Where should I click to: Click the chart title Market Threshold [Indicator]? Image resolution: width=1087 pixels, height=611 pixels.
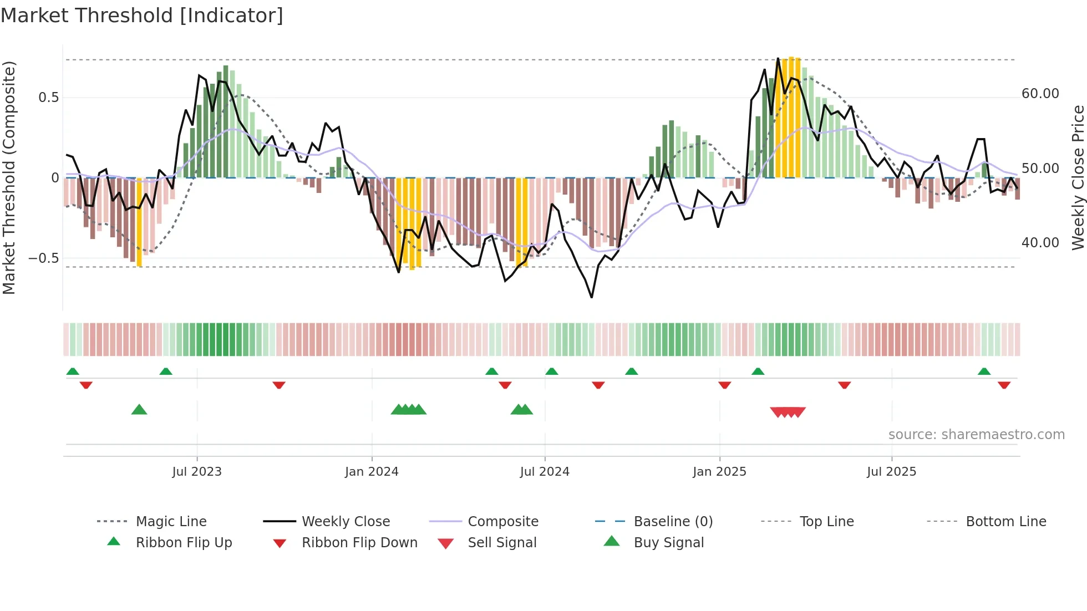[x=142, y=16]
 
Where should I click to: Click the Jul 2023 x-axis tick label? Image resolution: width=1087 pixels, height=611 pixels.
[x=196, y=471]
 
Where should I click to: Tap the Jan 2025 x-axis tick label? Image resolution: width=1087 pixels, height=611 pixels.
[x=719, y=471]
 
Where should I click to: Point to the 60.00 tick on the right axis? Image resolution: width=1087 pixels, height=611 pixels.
[x=1040, y=94]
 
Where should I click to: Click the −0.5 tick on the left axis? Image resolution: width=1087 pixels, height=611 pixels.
[x=43, y=258]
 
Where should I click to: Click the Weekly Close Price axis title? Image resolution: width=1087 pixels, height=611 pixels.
[x=1078, y=177]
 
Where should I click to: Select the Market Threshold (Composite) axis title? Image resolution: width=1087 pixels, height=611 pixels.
[x=9, y=177]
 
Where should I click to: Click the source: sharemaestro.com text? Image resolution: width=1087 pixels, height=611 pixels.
[x=976, y=434]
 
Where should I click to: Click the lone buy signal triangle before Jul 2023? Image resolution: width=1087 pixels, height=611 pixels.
[x=139, y=410]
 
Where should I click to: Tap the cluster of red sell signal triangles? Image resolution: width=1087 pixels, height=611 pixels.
[x=788, y=412]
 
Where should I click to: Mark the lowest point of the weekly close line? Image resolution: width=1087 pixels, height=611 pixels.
[x=592, y=297]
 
